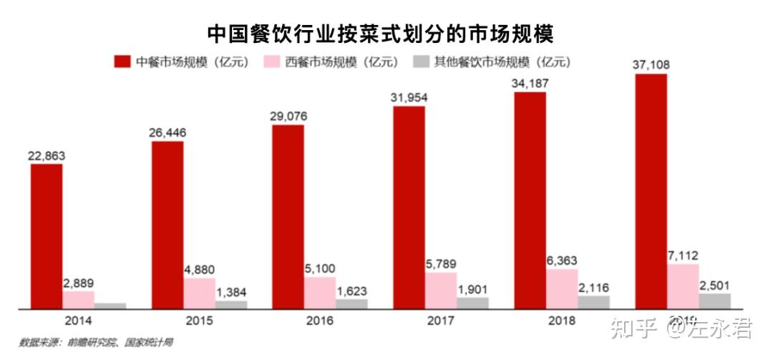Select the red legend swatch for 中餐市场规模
tap(122, 62)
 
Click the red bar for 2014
tap(47, 236)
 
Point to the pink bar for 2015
tap(199, 293)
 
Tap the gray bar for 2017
tap(473, 303)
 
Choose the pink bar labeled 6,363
tap(562, 289)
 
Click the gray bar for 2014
tap(110, 306)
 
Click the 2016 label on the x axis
tap(319, 321)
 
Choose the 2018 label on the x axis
tap(561, 321)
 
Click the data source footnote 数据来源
tap(96, 343)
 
